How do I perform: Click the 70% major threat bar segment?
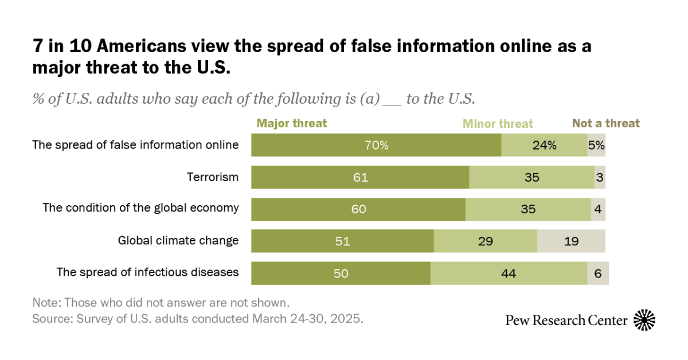(376, 145)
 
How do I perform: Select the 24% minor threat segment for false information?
(544, 145)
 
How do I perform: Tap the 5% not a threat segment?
(596, 145)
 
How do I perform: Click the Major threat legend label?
(292, 123)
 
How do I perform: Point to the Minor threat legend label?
(498, 124)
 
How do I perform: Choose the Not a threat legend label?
(606, 123)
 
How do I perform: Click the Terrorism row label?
(213, 177)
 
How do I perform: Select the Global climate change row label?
(178, 240)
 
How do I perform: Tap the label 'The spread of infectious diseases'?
(147, 272)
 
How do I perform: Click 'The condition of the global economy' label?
(140, 208)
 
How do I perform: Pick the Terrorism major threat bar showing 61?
(360, 177)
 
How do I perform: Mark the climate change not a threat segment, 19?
(571, 241)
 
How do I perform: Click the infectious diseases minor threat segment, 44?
(509, 273)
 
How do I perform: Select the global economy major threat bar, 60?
(358, 209)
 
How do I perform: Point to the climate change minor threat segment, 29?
(485, 241)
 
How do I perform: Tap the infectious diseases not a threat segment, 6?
(597, 273)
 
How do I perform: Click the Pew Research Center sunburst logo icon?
(644, 320)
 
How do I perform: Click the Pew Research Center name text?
(566, 320)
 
